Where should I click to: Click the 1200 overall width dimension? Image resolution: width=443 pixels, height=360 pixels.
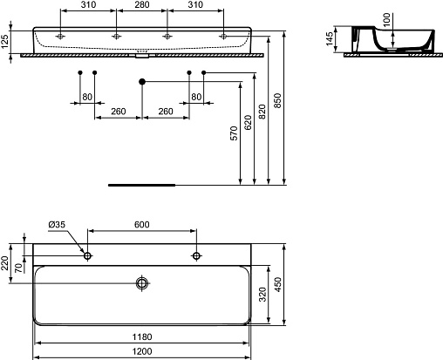pos(142,351)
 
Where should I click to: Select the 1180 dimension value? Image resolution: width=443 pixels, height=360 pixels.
pos(142,337)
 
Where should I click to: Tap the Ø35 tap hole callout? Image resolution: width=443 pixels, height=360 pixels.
pos(57,225)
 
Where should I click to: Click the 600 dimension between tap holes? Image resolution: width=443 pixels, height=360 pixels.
pos(142,225)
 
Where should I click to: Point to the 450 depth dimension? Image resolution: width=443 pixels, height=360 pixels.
pos(278,285)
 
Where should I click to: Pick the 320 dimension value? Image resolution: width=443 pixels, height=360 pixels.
pos(262,295)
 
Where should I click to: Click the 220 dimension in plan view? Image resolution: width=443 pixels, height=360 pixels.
pos(4,263)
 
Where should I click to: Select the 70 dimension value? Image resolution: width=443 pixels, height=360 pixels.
pos(18,268)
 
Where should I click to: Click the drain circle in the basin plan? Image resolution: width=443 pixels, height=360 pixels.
pos(142,282)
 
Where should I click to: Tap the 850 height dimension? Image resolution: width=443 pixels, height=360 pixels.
pos(278,101)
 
